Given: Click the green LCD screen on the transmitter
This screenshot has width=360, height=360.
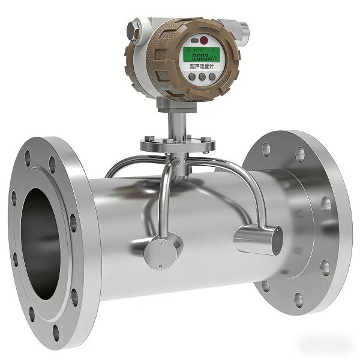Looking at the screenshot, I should click(200, 56).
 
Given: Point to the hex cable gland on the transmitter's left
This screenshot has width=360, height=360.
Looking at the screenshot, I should click(134, 27).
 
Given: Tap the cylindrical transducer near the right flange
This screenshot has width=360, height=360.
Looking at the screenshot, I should click(258, 239).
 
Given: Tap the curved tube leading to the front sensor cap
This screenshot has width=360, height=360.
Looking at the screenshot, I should click(163, 198).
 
